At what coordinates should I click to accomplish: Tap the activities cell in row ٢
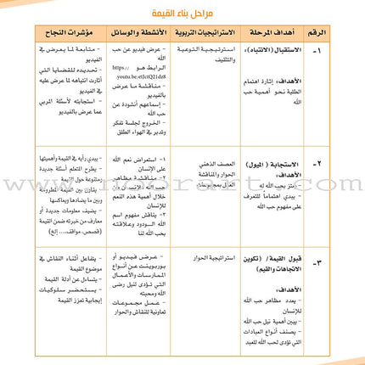coord(136,191)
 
